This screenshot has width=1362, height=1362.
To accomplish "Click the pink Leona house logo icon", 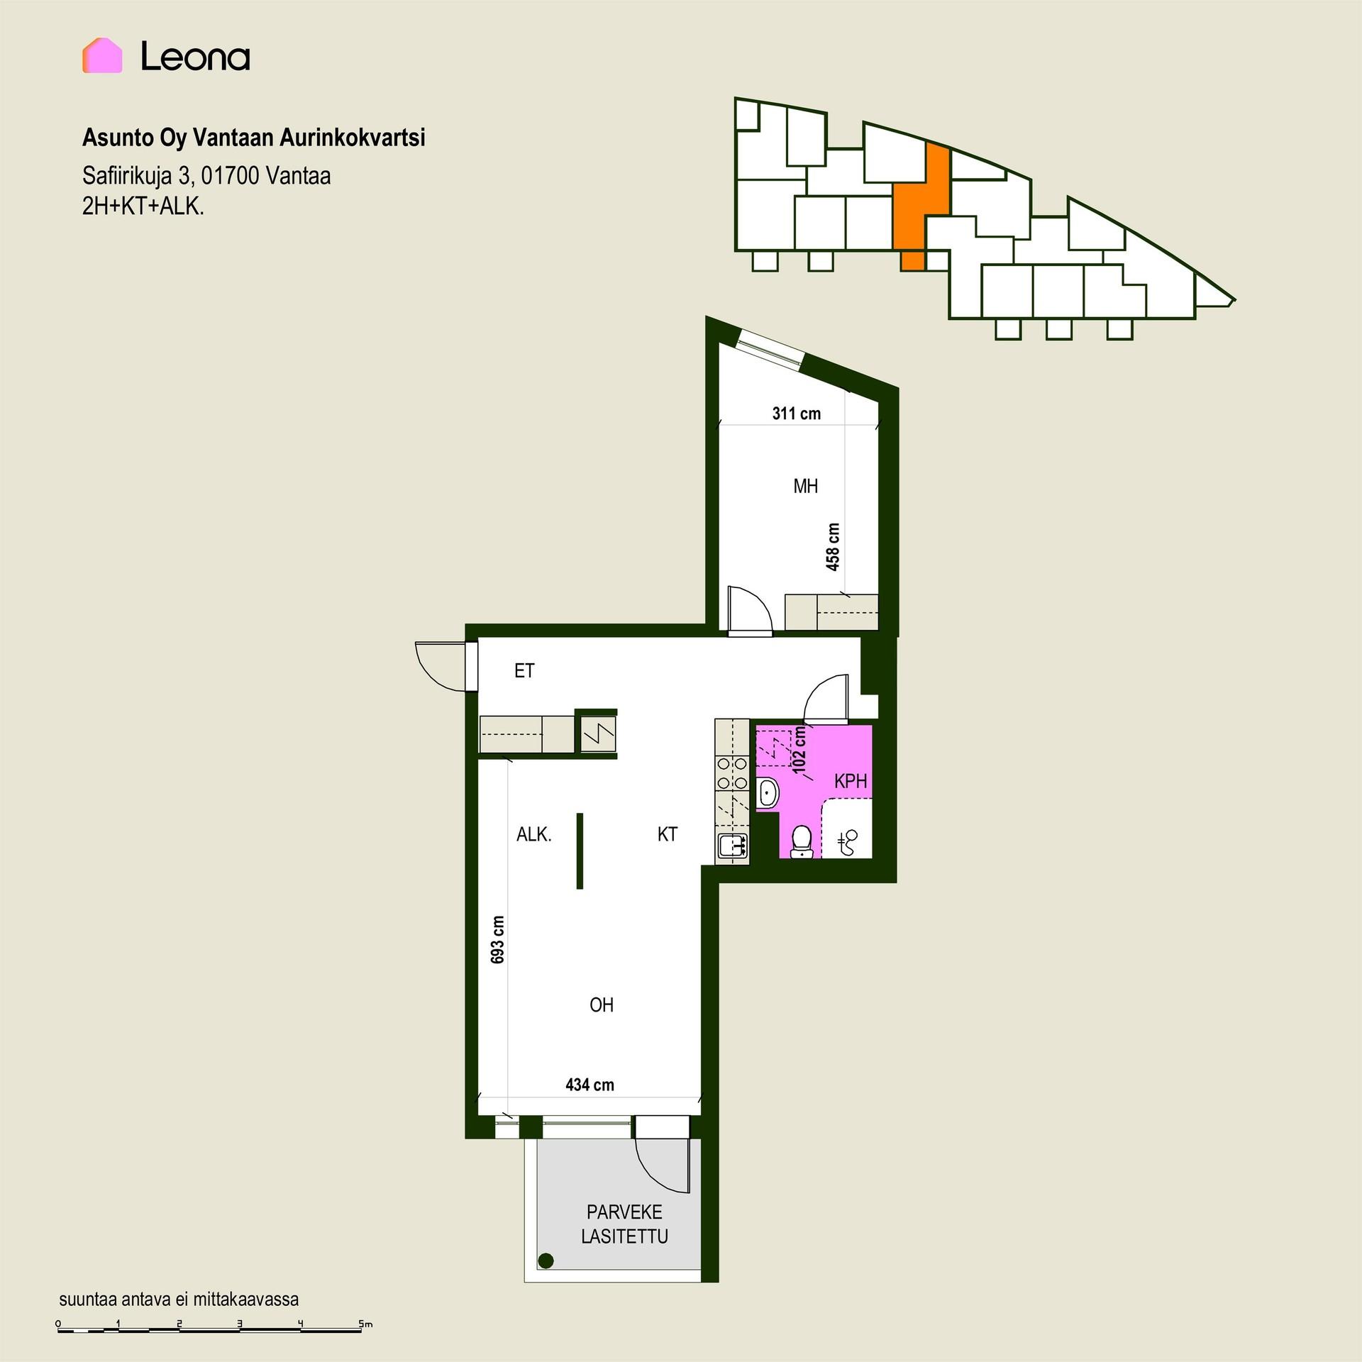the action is (102, 55).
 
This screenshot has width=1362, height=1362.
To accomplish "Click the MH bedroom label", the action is (805, 486).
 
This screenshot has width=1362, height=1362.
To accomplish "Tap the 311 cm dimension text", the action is (796, 414).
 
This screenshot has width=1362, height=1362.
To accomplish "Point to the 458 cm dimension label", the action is (833, 547).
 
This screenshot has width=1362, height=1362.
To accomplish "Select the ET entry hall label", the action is (524, 670).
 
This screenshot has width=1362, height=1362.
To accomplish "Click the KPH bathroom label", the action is (851, 781).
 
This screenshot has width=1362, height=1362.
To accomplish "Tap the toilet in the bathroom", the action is (802, 841).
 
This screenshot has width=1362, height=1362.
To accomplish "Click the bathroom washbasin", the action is (768, 792).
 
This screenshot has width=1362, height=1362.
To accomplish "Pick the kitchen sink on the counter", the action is (732, 845).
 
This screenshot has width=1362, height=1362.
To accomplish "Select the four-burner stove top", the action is (732, 773).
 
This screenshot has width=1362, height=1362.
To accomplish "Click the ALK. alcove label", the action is (533, 835).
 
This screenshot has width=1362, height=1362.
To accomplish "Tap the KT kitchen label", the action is (668, 834).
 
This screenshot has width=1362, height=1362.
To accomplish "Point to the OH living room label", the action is (602, 1004).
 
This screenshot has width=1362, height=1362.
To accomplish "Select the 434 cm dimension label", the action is (589, 1085).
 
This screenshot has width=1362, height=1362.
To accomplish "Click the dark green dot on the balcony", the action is (546, 1261).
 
